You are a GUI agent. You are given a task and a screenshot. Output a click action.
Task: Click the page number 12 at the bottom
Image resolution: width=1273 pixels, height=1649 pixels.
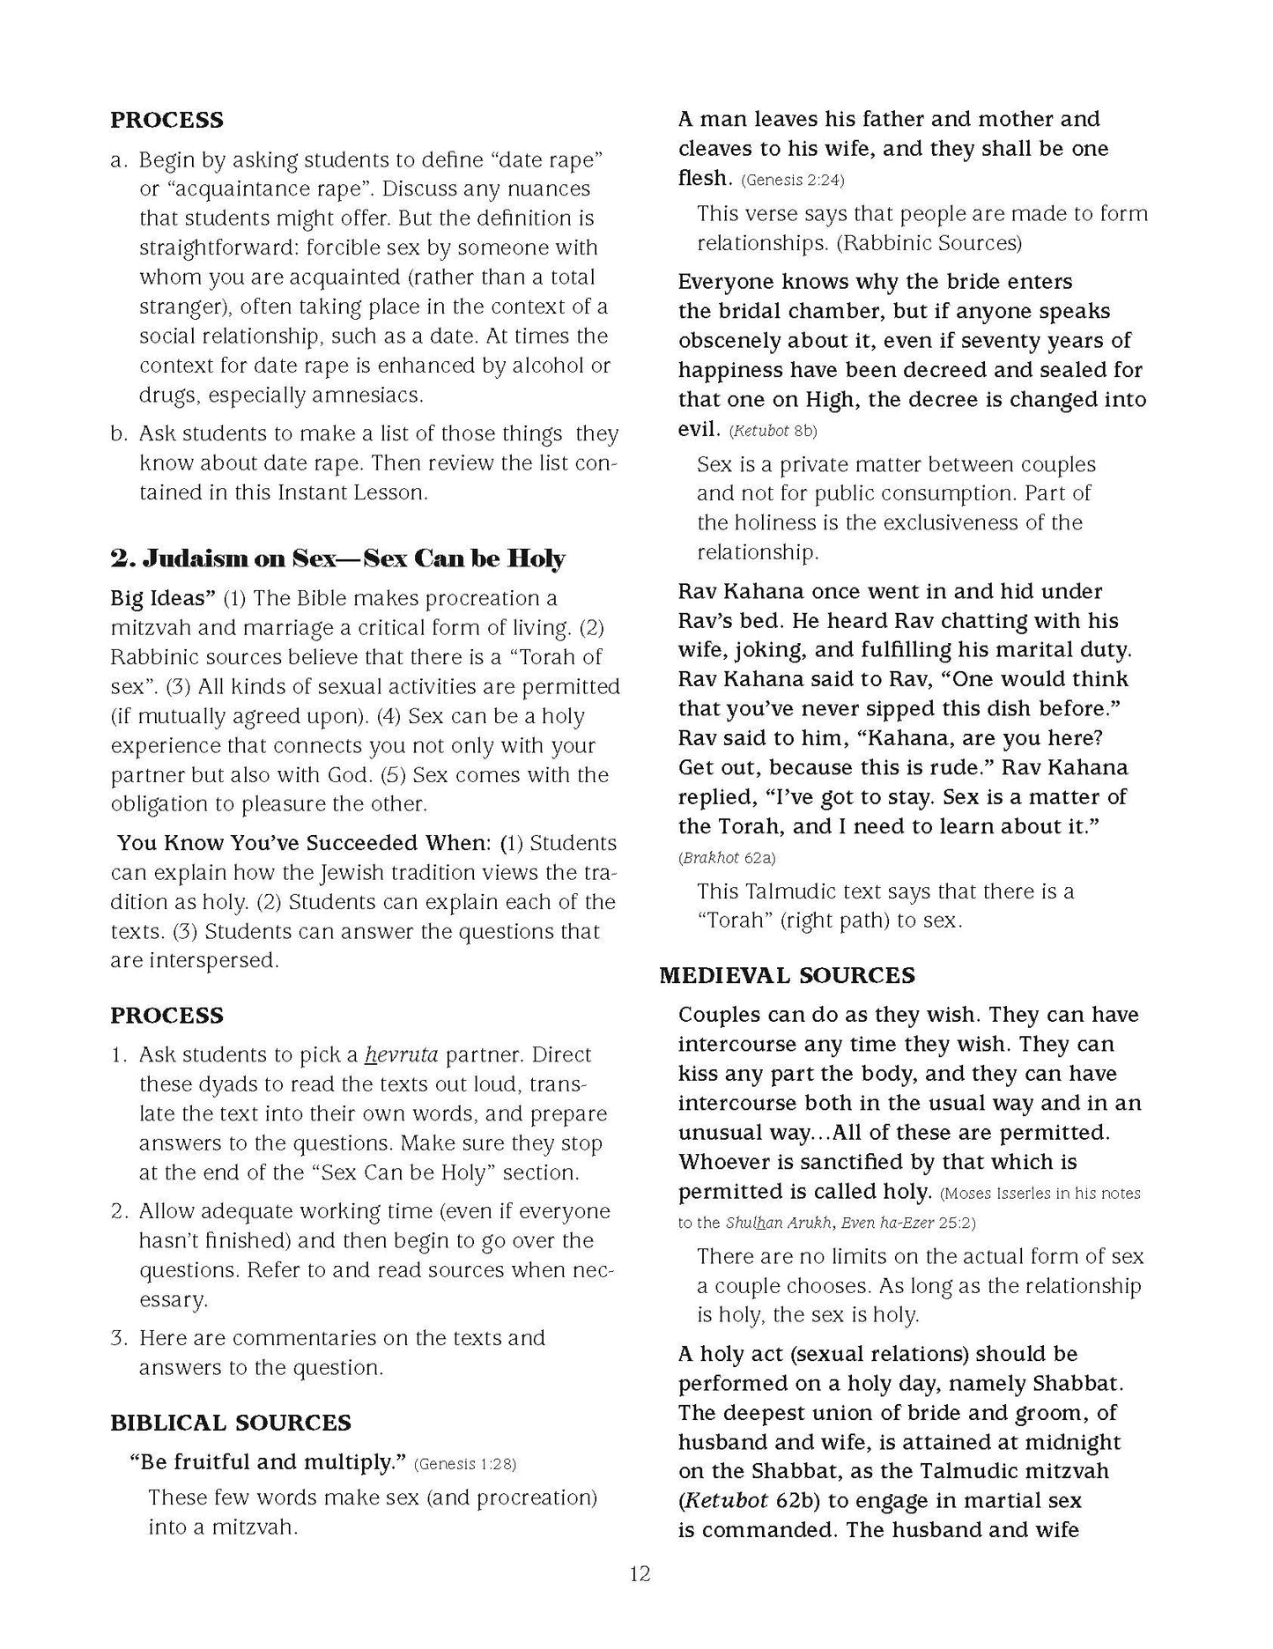tap(640, 1573)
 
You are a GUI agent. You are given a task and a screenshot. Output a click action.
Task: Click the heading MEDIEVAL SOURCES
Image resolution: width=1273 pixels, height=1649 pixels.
tap(788, 975)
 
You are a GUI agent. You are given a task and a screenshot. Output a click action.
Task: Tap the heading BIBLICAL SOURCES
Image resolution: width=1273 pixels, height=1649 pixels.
tap(230, 1423)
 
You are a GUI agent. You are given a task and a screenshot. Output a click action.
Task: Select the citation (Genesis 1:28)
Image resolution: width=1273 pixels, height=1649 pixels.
tap(465, 1464)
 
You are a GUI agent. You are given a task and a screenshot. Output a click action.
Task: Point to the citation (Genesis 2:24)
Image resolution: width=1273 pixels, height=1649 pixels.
tap(792, 181)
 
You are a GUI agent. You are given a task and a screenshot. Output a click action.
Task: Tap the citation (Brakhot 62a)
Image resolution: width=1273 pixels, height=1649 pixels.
tap(728, 857)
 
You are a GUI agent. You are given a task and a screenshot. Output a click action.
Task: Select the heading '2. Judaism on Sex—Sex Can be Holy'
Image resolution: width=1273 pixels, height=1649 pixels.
tap(337, 558)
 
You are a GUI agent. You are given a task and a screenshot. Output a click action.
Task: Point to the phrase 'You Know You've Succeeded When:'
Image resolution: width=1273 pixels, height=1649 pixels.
tap(304, 843)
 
